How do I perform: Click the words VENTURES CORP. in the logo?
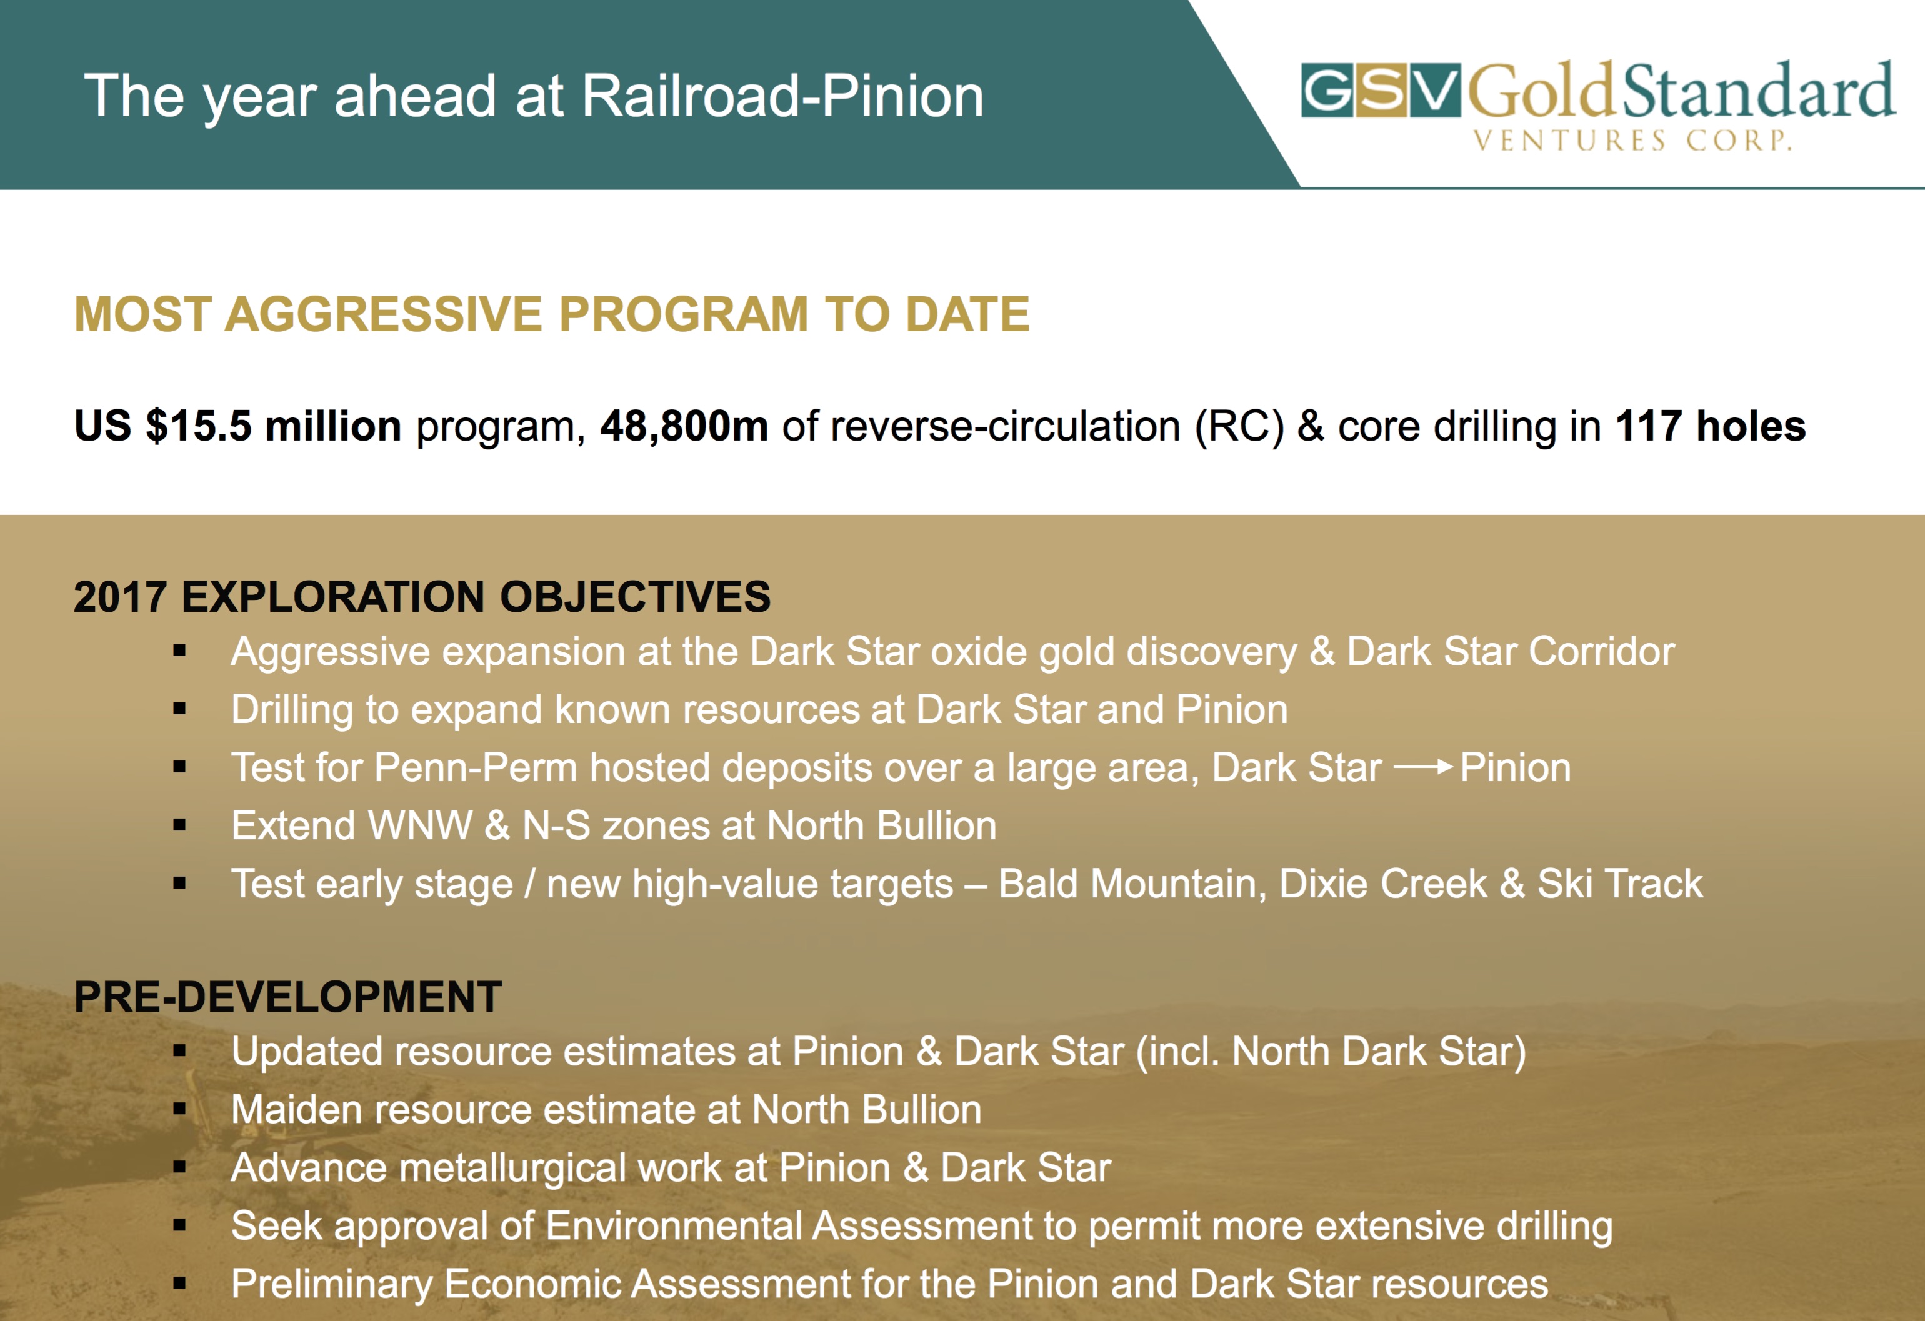click(1632, 140)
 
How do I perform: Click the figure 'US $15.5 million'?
click(237, 426)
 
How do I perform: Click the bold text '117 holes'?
click(1711, 426)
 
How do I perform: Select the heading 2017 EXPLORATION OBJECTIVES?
click(422, 596)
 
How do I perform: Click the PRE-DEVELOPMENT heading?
click(287, 996)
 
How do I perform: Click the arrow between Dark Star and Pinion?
click(1423, 767)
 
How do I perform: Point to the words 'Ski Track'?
click(1620, 884)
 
